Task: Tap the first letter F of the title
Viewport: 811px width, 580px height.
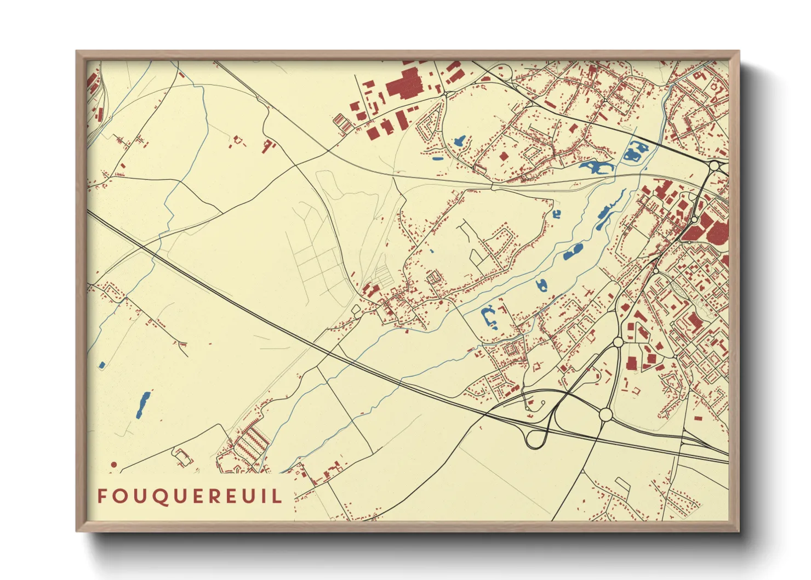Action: click(102, 496)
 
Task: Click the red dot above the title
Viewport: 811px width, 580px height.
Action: click(114, 464)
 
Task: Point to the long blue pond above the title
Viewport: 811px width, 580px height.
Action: click(142, 405)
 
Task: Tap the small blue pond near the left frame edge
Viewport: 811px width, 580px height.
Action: click(101, 365)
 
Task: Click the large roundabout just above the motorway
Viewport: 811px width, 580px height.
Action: click(606, 414)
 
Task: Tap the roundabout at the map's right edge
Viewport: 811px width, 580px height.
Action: click(714, 166)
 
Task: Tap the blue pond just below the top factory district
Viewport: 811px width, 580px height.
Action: click(459, 141)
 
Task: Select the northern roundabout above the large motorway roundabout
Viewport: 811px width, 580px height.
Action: click(618, 342)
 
